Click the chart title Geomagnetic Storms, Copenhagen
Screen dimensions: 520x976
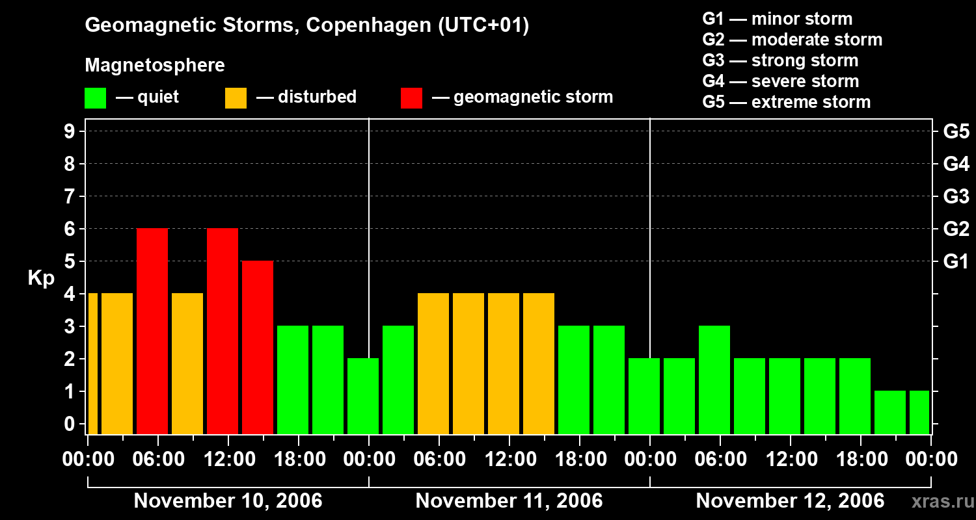pyautogui.click(x=306, y=25)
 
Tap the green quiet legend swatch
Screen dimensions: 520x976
pyautogui.click(x=95, y=97)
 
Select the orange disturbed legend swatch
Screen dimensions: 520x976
pyautogui.click(x=236, y=97)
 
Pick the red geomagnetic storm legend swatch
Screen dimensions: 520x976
pyautogui.click(x=411, y=97)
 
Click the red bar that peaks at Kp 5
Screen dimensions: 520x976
pyautogui.click(x=258, y=347)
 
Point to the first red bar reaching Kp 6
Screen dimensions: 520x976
pyautogui.click(x=152, y=331)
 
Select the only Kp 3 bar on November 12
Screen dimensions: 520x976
pyautogui.click(x=714, y=380)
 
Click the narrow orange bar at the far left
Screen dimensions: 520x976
pyautogui.click(x=92, y=363)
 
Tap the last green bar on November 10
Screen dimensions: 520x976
pyautogui.click(x=363, y=396)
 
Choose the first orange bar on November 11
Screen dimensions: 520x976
pyautogui.click(x=433, y=363)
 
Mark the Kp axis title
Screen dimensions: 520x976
pyautogui.click(x=41, y=278)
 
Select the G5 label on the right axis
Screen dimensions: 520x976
pyautogui.click(x=956, y=132)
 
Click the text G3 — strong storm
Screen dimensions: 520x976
pyautogui.click(x=780, y=60)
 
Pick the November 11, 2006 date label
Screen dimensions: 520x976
pyautogui.click(x=509, y=500)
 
